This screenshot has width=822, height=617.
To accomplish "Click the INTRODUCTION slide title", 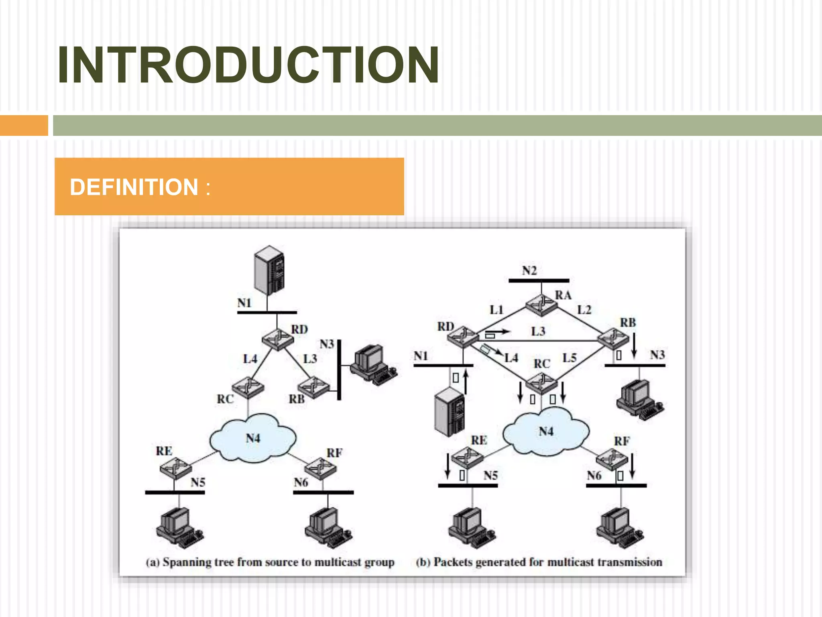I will click(x=248, y=65).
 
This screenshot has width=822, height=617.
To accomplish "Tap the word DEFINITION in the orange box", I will click(x=134, y=187).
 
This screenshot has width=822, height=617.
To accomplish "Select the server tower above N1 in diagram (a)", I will click(x=269, y=271).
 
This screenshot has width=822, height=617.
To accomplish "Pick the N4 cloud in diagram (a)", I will click(x=253, y=439).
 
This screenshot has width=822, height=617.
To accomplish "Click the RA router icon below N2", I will click(x=541, y=305).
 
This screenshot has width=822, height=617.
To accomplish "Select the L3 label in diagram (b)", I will click(x=538, y=331).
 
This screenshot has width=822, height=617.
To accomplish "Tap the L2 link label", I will click(x=584, y=310).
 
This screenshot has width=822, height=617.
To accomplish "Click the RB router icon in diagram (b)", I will click(x=613, y=338).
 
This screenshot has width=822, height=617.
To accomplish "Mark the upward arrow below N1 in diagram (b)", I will click(x=466, y=382).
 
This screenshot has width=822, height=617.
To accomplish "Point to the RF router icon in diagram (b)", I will click(x=612, y=459).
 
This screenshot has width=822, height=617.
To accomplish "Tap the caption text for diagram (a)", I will click(x=270, y=562).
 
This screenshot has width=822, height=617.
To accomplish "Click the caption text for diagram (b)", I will click(x=539, y=562).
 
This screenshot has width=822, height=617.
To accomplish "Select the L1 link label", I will click(x=496, y=310).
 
